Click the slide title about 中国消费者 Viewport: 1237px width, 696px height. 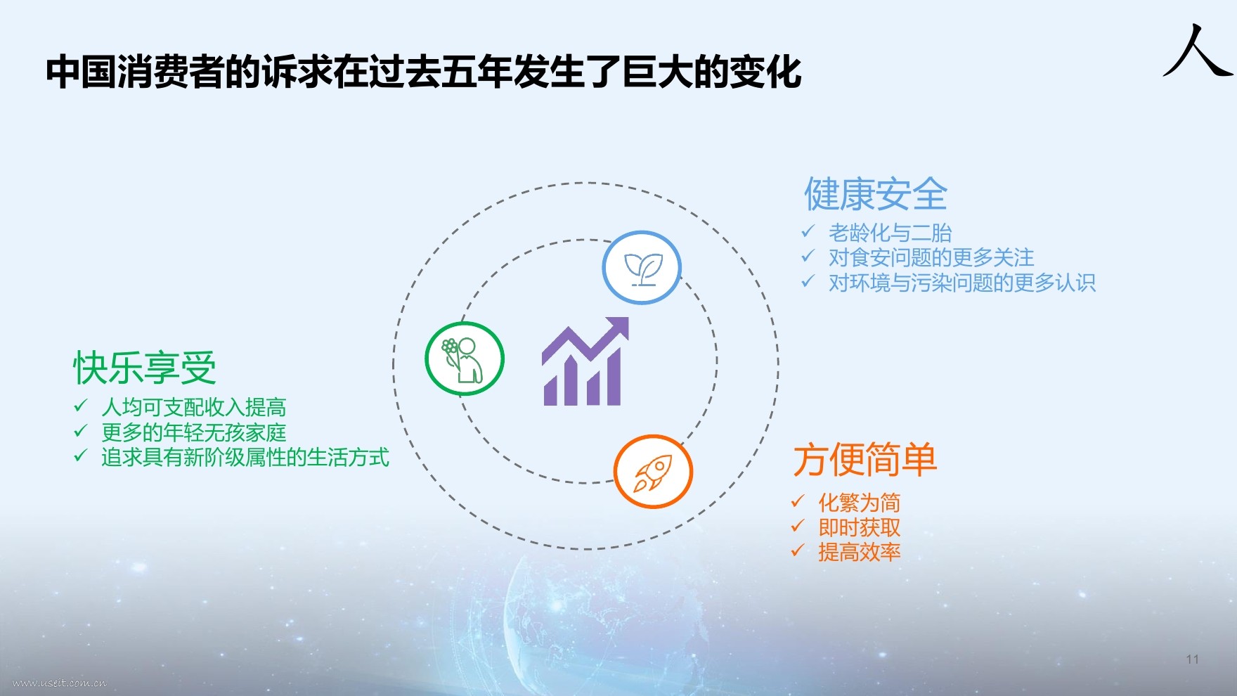pos(424,72)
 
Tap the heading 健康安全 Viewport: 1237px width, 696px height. pos(876,194)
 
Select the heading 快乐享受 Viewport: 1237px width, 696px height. pos(145,368)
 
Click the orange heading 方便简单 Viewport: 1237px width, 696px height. pos(865,460)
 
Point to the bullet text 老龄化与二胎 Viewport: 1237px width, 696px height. pos(890,233)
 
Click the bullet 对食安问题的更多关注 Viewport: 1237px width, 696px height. pos(931,257)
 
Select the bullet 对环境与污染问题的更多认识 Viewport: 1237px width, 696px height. pos(962,283)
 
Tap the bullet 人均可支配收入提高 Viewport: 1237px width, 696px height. pos(194,407)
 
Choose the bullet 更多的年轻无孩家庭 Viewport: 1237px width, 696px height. pos(194,432)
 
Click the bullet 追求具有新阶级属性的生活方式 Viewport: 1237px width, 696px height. pos(245,458)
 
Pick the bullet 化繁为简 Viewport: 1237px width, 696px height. pos(860,503)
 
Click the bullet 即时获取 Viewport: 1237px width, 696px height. pos(860,527)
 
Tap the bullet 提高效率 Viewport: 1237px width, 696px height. pos(860,553)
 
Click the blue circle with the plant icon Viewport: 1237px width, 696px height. pos(642,268)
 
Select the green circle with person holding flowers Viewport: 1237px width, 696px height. pos(465,359)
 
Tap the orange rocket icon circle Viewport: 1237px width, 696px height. pos(653,471)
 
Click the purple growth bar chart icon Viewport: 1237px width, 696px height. pos(585,361)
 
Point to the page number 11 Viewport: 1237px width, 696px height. pos(1192,659)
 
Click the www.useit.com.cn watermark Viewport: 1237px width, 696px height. pos(60,683)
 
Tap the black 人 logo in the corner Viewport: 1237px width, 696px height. pos(1198,51)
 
